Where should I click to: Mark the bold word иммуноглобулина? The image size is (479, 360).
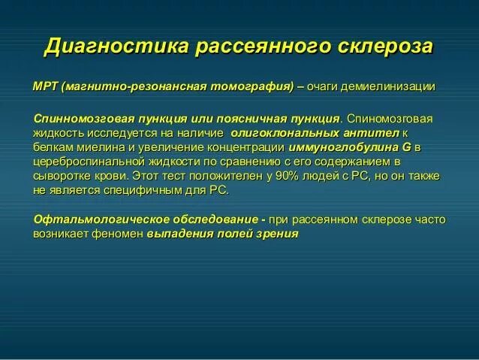(x=344, y=147)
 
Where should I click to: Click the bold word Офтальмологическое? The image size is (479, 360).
(x=90, y=219)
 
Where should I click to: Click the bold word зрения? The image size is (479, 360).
(x=278, y=234)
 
